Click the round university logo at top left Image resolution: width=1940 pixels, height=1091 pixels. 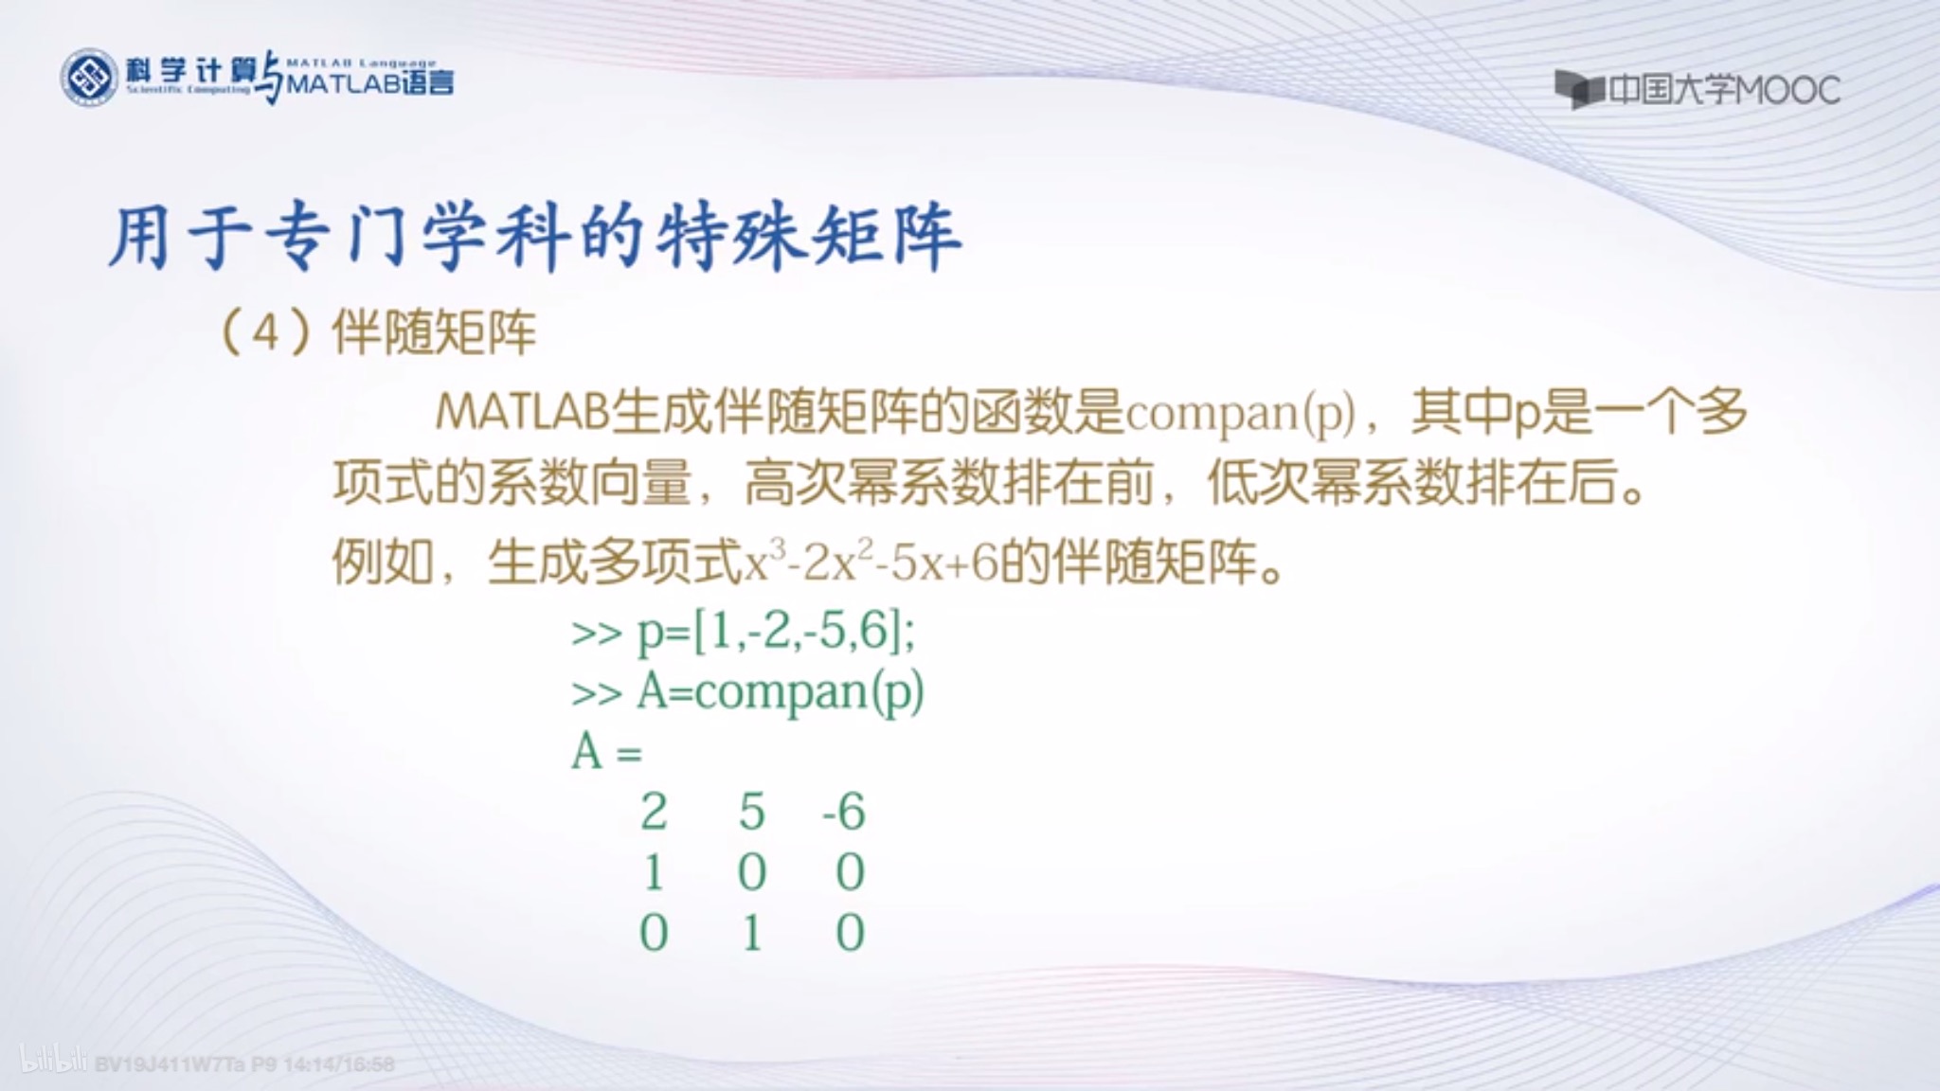(89, 78)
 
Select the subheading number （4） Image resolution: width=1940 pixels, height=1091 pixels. (266, 332)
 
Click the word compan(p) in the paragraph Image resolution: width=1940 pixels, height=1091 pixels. (1240, 413)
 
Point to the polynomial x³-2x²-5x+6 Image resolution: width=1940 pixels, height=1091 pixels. (871, 563)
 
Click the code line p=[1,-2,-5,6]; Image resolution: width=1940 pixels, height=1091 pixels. (775, 632)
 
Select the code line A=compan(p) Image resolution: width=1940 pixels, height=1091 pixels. (780, 692)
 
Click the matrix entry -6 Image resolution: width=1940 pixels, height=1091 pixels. (843, 812)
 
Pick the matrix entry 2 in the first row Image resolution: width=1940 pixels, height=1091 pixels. (654, 812)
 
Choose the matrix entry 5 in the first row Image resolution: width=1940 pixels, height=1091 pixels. (751, 812)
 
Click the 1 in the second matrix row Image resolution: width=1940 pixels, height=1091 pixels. (654, 872)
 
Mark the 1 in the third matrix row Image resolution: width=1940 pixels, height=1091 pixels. (751, 933)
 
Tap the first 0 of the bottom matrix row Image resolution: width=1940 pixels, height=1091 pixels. (654, 933)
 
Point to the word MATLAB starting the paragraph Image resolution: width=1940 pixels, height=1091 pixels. (521, 413)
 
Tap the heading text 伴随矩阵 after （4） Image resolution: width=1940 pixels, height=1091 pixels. (434, 332)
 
